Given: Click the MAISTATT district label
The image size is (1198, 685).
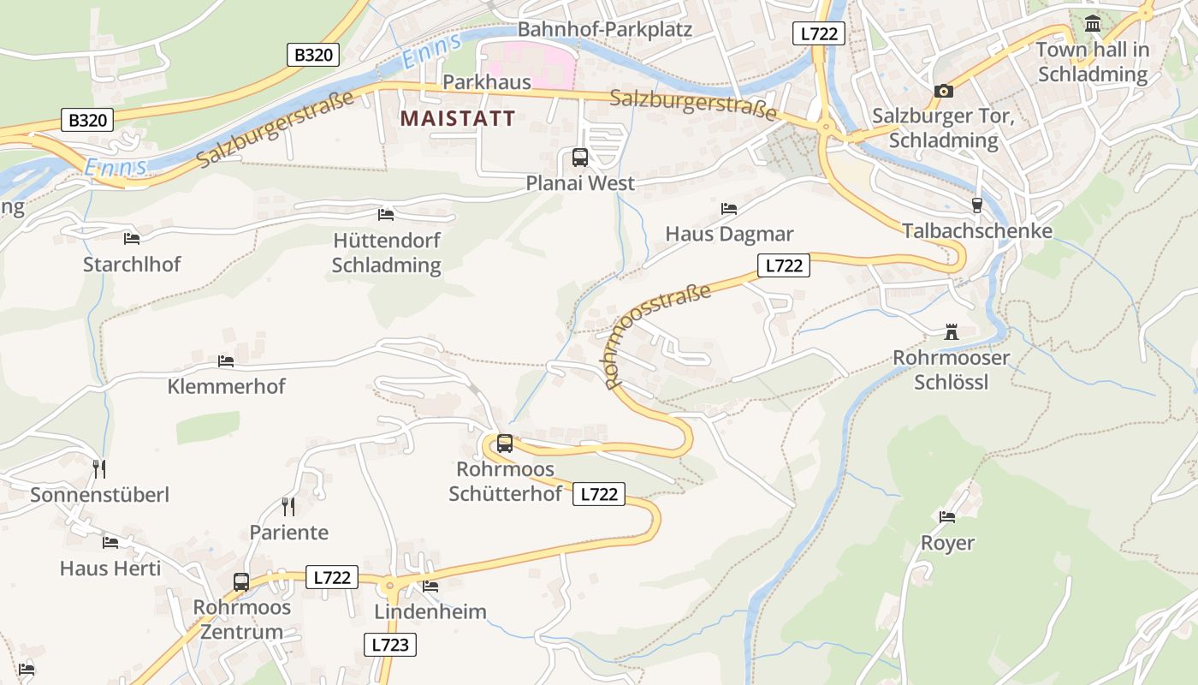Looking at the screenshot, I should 458,118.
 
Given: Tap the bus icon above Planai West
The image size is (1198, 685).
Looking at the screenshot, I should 579,158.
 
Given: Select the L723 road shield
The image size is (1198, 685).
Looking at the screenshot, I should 391,645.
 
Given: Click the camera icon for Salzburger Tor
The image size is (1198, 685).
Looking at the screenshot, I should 943,91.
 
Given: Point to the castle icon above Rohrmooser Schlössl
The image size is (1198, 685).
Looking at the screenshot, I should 950,331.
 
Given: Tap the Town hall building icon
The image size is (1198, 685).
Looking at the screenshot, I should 1093,24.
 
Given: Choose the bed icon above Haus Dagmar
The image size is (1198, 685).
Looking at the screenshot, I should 729,208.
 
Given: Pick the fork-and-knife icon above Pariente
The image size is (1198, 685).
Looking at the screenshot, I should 288,507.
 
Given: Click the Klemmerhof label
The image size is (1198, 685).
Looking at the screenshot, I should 227,386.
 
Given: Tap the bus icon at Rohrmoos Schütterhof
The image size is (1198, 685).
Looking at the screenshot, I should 505,444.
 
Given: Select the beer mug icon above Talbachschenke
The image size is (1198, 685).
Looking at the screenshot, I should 976,205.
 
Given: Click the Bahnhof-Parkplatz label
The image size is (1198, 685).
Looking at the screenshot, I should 604,29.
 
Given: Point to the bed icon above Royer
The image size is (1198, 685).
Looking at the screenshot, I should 947,517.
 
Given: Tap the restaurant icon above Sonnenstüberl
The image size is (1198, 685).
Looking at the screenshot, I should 99,468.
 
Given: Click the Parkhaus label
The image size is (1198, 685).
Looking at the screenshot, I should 487,82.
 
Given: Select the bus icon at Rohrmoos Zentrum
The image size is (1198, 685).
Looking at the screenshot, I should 241,582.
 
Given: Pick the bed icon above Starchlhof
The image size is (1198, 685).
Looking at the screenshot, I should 131,238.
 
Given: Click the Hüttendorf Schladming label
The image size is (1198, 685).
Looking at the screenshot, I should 386,253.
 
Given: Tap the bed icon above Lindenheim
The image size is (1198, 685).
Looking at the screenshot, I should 430,587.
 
